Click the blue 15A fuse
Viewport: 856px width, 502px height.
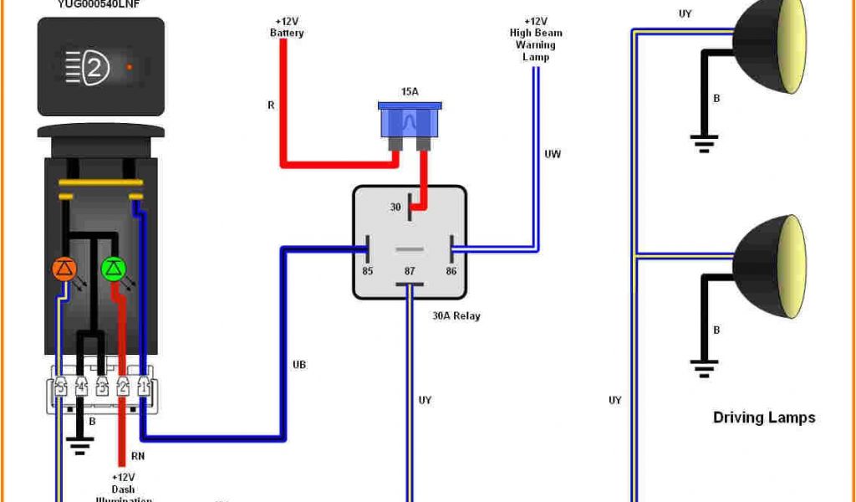coord(409,120)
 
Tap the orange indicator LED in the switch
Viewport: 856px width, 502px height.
coord(64,269)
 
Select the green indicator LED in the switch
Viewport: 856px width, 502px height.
coord(113,269)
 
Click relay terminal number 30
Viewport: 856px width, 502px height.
coord(395,207)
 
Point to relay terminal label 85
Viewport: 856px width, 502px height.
coord(367,271)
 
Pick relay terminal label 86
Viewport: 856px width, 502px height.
coord(451,271)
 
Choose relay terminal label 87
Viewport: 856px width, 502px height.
coord(409,271)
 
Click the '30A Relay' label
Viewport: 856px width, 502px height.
coord(456,316)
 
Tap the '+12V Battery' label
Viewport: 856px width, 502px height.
coord(287,28)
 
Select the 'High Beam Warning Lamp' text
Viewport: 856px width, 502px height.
coord(536,39)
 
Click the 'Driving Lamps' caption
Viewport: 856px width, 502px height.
coord(763,417)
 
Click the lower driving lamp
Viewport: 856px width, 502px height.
coord(769,266)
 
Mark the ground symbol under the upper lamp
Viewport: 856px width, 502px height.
coord(704,142)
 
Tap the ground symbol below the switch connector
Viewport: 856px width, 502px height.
coord(80,446)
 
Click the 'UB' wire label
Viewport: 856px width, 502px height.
coord(299,365)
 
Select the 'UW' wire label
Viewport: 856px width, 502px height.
coord(553,154)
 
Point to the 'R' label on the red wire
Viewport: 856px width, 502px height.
coord(271,105)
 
